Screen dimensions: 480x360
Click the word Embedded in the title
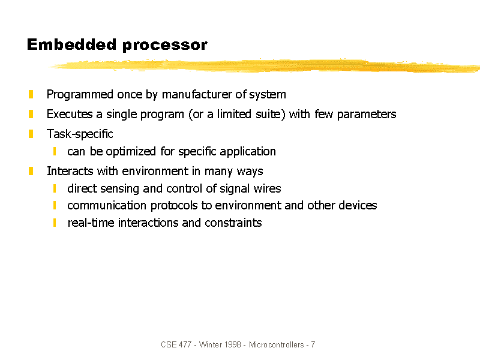click(x=71, y=44)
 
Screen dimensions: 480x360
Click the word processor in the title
click(x=164, y=46)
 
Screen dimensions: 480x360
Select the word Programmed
click(x=80, y=95)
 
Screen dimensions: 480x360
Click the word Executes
click(x=70, y=114)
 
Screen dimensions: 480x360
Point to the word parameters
click(x=367, y=115)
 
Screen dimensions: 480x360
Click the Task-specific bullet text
click(x=80, y=134)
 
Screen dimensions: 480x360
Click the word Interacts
click(x=70, y=171)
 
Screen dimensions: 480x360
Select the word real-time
click(x=91, y=223)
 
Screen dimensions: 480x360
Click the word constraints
click(x=233, y=223)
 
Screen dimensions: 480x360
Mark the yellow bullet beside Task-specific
click(x=31, y=134)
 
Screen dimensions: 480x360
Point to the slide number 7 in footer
click(x=313, y=344)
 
